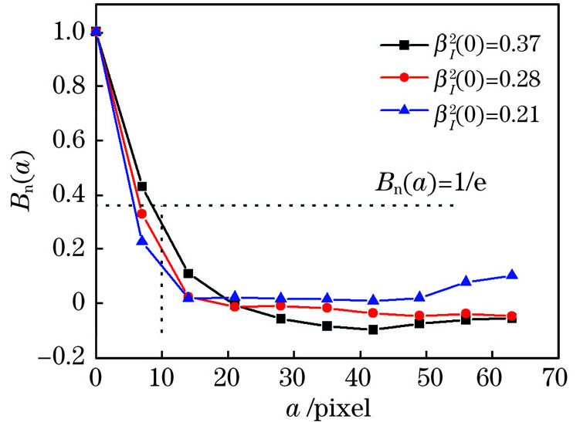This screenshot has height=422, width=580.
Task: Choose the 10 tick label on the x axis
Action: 161,378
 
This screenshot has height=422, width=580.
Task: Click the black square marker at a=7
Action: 142,186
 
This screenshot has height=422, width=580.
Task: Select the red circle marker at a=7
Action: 142,214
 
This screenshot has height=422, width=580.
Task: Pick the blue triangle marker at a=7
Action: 142,241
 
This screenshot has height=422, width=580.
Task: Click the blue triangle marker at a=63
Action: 512,275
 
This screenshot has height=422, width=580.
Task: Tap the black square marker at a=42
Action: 373,329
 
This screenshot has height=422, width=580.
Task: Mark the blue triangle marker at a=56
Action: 466,282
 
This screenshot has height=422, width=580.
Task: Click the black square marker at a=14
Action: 188,273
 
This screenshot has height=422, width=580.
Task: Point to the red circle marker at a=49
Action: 419,316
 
